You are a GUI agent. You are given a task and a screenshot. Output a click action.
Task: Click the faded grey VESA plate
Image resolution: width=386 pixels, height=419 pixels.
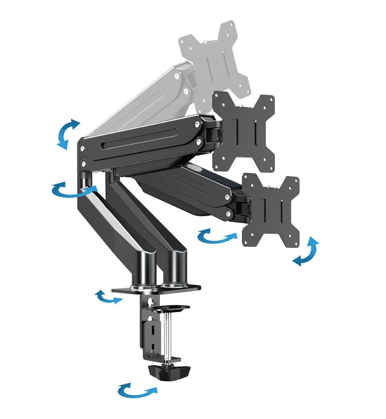(x=214, y=59)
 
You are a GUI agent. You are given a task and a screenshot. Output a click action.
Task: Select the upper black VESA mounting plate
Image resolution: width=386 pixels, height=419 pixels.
(x=244, y=130)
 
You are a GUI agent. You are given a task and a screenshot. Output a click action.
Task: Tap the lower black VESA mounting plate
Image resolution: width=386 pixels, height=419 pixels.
(x=271, y=209)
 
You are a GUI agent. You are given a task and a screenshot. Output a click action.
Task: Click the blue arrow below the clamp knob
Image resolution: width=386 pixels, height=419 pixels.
(x=137, y=391)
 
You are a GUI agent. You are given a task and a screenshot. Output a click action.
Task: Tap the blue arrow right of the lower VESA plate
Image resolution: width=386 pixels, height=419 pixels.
(x=306, y=251)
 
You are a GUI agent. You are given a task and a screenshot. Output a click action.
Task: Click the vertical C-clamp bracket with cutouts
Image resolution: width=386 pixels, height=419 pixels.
(x=151, y=331)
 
